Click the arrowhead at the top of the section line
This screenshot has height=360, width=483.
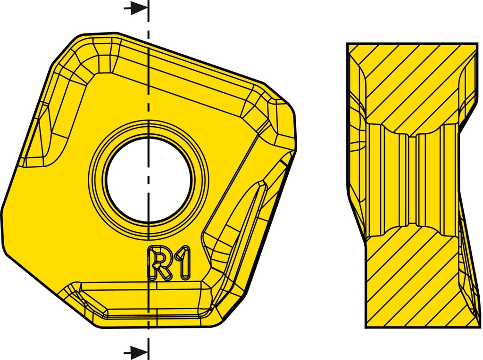pos(138,8)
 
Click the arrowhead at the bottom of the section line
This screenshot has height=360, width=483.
pos(138,351)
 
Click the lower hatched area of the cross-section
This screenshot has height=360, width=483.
pos(410,283)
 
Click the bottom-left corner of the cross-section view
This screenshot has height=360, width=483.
pos(367,327)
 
